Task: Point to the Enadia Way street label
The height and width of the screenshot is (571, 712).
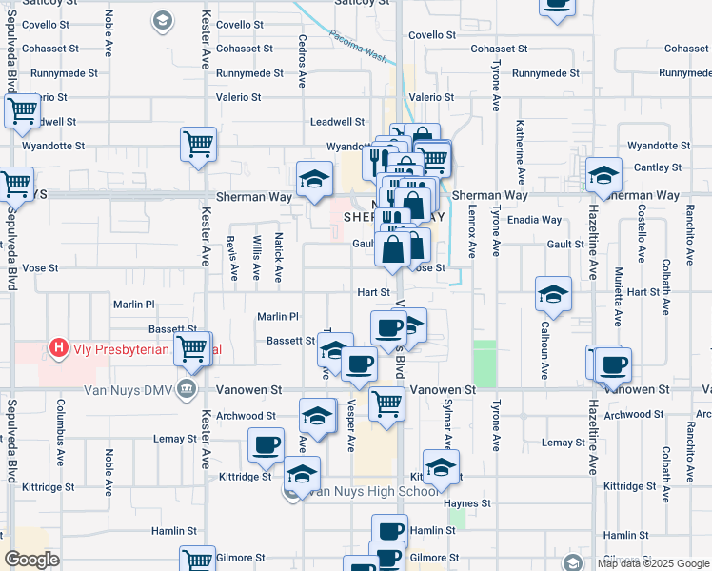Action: pos(534,220)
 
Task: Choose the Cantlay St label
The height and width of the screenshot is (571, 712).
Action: pos(658,167)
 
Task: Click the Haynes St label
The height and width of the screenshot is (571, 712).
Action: pos(471,502)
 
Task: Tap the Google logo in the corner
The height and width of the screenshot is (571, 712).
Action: pos(31,560)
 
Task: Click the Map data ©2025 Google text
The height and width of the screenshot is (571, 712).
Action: pos(652,563)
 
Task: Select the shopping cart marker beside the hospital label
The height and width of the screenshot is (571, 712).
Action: pos(192,348)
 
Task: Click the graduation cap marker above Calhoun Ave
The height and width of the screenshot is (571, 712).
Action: pos(553,295)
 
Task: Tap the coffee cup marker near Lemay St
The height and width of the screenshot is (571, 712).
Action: pos(266,443)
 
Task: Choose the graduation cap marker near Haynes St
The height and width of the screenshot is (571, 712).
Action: pos(441,467)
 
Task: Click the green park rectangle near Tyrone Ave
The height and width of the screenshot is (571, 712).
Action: pos(485,363)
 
